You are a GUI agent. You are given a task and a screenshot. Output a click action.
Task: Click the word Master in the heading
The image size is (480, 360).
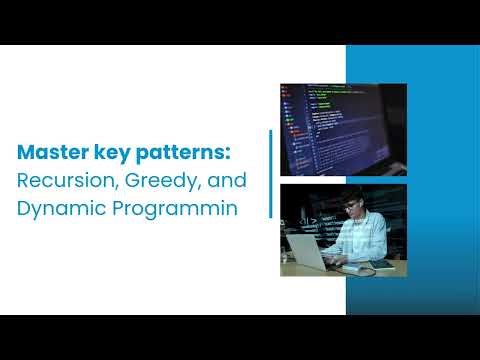[51, 155]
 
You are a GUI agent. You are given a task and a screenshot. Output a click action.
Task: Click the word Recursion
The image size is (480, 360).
[61, 183]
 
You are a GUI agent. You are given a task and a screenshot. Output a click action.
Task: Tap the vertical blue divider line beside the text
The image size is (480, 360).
[270, 173]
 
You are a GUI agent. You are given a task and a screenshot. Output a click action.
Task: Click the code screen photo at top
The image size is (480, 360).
[343, 129]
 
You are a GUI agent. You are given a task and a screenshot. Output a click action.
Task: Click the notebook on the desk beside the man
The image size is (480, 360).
[381, 266]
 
